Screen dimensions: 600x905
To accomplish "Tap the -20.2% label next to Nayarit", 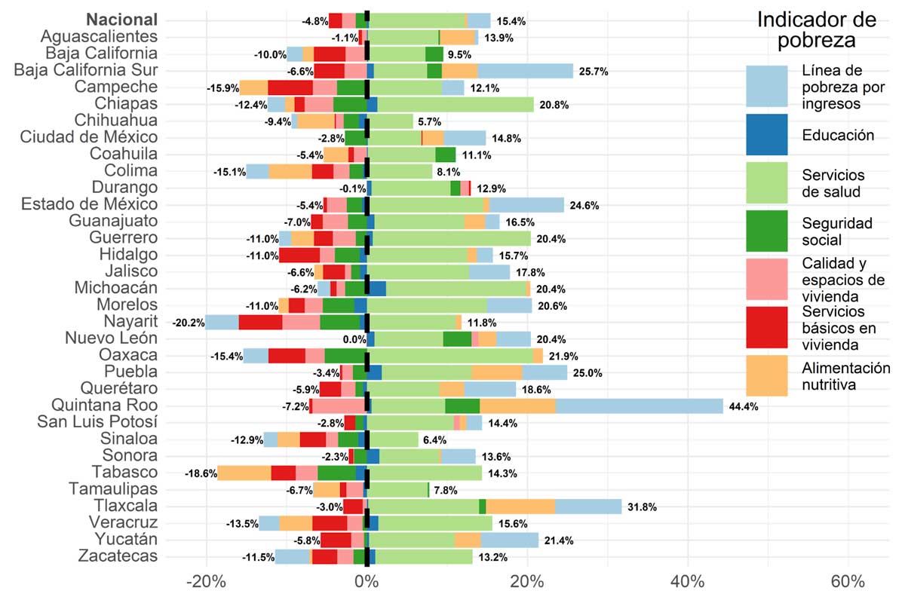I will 188,323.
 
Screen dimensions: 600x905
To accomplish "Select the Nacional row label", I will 122,20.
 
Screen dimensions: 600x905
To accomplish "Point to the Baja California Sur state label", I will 87,70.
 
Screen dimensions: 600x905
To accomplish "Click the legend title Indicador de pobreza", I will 817,30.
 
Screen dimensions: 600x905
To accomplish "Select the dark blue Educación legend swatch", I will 767,135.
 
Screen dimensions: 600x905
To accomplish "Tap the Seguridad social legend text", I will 827,231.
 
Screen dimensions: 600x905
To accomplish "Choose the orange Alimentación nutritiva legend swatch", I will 767,375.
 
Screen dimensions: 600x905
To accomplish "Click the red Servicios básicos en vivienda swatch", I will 767,328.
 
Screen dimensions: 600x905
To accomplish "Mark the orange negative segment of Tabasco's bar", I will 244,473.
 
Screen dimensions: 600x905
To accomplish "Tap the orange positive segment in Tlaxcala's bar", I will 520,507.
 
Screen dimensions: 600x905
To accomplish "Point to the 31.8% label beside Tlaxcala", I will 643,507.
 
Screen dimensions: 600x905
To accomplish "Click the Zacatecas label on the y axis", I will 118,556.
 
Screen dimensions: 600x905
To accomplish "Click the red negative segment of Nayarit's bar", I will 260,323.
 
